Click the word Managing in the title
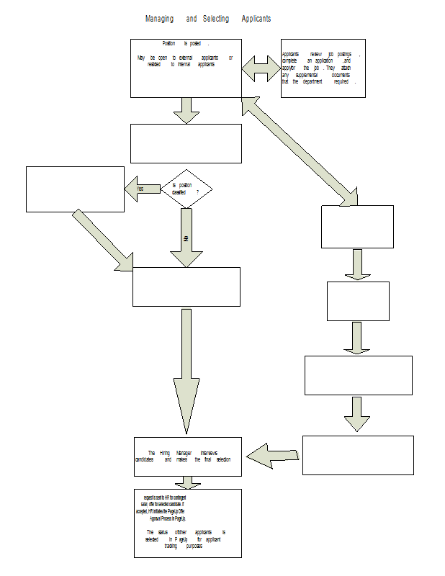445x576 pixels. coord(161,18)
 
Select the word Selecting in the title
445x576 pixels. coord(215,18)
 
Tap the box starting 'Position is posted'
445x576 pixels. coord(186,68)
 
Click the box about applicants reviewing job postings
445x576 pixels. coord(323,68)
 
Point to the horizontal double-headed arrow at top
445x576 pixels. coord(261,68)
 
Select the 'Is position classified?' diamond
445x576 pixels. coord(186,189)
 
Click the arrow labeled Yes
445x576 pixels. coord(143,189)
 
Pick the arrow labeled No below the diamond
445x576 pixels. coord(186,238)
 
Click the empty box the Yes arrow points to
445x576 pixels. coord(75,189)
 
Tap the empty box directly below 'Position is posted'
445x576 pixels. coord(186,143)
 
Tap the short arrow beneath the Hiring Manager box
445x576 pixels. coord(188,482)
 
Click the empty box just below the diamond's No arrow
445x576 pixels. coord(186,287)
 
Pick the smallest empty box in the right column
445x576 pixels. coord(358,301)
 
